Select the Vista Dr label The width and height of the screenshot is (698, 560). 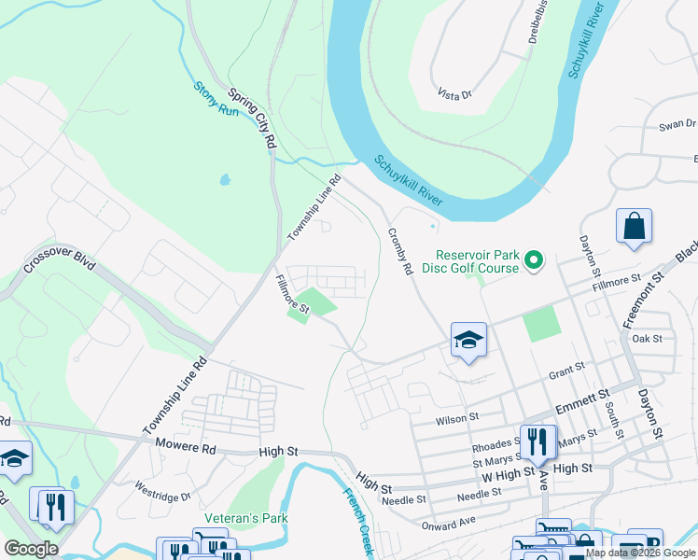tap(454, 94)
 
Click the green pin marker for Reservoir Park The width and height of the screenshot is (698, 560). tap(534, 259)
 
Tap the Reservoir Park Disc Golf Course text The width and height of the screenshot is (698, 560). tap(478, 261)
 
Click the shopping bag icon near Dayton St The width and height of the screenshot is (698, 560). tap(634, 227)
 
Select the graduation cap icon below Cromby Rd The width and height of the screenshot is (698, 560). tap(468, 342)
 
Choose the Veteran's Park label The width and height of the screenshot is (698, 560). tap(246, 518)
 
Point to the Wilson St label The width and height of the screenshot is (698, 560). tap(458, 418)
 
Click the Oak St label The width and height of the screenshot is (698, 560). tap(647, 339)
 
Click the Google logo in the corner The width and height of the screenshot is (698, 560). tap(31, 549)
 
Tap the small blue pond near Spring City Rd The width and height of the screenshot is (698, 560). tap(225, 179)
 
